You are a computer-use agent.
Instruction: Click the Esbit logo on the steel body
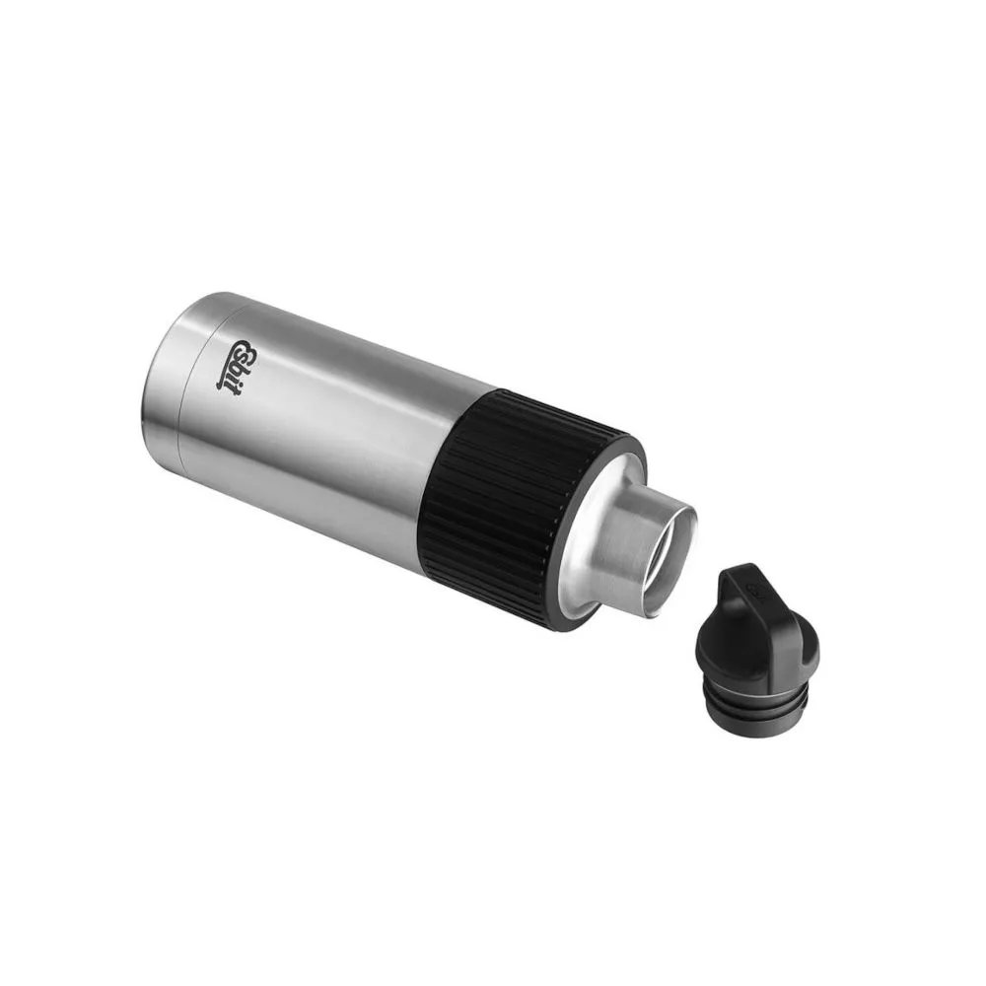click(237, 367)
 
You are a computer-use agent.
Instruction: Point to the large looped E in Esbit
click(244, 351)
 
